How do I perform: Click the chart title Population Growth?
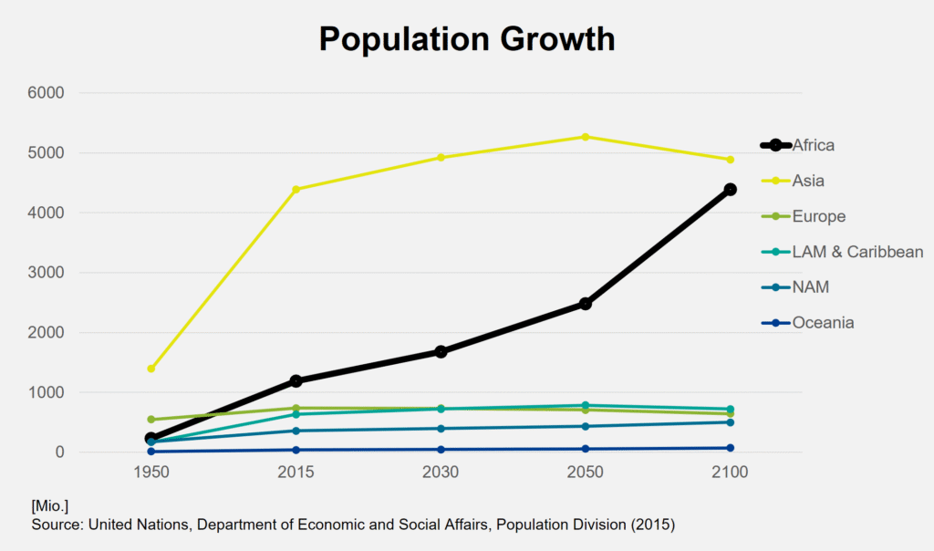(466, 38)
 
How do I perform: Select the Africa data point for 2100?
(730, 190)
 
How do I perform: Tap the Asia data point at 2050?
(585, 137)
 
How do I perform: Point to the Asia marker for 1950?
(151, 369)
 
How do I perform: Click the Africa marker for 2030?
(441, 351)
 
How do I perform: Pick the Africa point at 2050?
(585, 304)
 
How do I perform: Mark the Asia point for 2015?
(296, 190)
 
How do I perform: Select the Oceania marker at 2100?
(730, 448)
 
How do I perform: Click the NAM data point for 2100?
(730, 422)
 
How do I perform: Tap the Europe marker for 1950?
(151, 420)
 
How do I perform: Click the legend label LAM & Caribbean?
(857, 252)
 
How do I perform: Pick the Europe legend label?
(818, 216)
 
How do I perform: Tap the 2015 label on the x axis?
(296, 473)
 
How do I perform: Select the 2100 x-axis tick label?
(730, 473)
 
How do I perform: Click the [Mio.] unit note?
(50, 505)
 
